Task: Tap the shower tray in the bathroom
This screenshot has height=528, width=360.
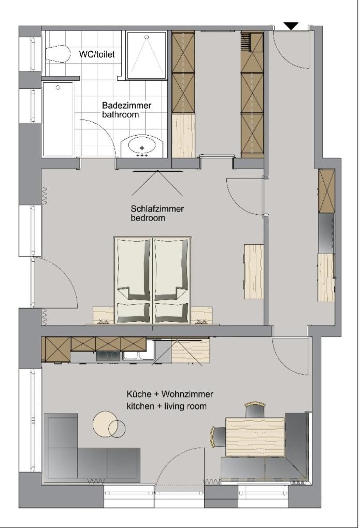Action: [x=146, y=55]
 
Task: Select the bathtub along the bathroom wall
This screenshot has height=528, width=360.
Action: [x=58, y=119]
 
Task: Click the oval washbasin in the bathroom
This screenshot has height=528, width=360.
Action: [x=142, y=146]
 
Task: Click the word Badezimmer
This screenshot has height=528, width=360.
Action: [x=127, y=106]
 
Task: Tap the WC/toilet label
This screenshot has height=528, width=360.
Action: [x=97, y=54]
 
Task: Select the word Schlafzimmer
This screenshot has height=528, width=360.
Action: [x=157, y=209]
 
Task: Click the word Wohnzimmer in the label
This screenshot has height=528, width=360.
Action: [x=188, y=394]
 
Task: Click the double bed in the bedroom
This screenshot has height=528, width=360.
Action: [x=153, y=281]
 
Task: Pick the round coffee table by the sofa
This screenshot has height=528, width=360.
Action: [x=105, y=423]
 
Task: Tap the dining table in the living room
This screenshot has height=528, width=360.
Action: [x=255, y=432]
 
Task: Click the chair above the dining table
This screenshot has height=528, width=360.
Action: [x=255, y=410]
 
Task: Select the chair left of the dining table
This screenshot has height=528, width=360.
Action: [x=218, y=436]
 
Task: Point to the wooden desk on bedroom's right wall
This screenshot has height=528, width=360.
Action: [x=253, y=271]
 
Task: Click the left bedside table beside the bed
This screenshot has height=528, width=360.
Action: [x=103, y=315]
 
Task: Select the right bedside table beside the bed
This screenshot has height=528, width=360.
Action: [x=201, y=315]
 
